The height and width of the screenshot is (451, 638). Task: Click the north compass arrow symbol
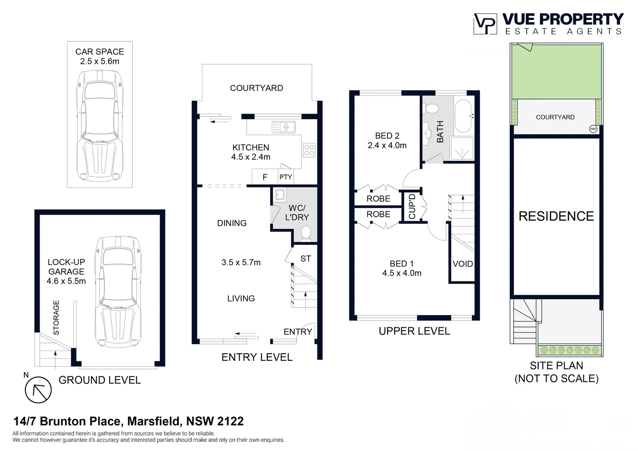[x=38, y=390]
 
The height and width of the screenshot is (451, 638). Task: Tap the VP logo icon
[x=485, y=24]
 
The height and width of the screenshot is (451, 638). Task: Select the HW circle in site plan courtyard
[x=593, y=129]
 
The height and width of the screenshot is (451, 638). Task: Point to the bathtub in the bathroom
[x=463, y=115]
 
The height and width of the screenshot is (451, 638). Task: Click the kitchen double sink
[x=284, y=127]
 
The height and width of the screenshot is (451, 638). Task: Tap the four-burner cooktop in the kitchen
[x=309, y=150]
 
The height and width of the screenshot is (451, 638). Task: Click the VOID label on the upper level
[x=463, y=264]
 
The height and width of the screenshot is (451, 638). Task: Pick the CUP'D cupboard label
[x=412, y=206]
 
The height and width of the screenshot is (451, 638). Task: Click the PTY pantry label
[x=286, y=177]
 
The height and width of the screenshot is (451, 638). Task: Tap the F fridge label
[x=265, y=177]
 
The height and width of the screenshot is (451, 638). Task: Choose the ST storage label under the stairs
[x=306, y=258]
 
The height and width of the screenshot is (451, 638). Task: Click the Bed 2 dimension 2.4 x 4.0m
[x=387, y=145]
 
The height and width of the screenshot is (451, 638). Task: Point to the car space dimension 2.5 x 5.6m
[x=100, y=61]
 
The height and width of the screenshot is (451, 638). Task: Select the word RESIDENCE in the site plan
[x=556, y=216]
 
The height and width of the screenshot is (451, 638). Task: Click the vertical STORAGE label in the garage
[x=56, y=317]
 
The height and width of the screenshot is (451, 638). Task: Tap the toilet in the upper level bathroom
[x=431, y=109]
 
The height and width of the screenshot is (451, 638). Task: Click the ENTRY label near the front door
[x=298, y=332]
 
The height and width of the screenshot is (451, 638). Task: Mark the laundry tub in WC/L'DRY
[x=279, y=195]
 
